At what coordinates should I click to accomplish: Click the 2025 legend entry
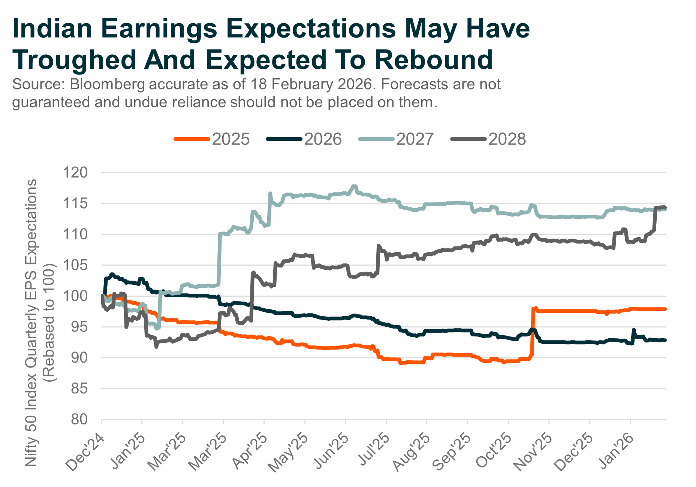pyautogui.click(x=212, y=139)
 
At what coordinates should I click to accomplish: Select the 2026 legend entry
pyautogui.click(x=304, y=139)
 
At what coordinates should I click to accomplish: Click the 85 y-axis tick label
pyautogui.click(x=79, y=389)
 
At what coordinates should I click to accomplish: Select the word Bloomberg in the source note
pyautogui.click(x=107, y=85)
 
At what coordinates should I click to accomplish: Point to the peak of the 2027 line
pyautogui.click(x=353, y=186)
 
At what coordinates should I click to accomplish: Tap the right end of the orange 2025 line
pyautogui.click(x=665, y=309)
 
